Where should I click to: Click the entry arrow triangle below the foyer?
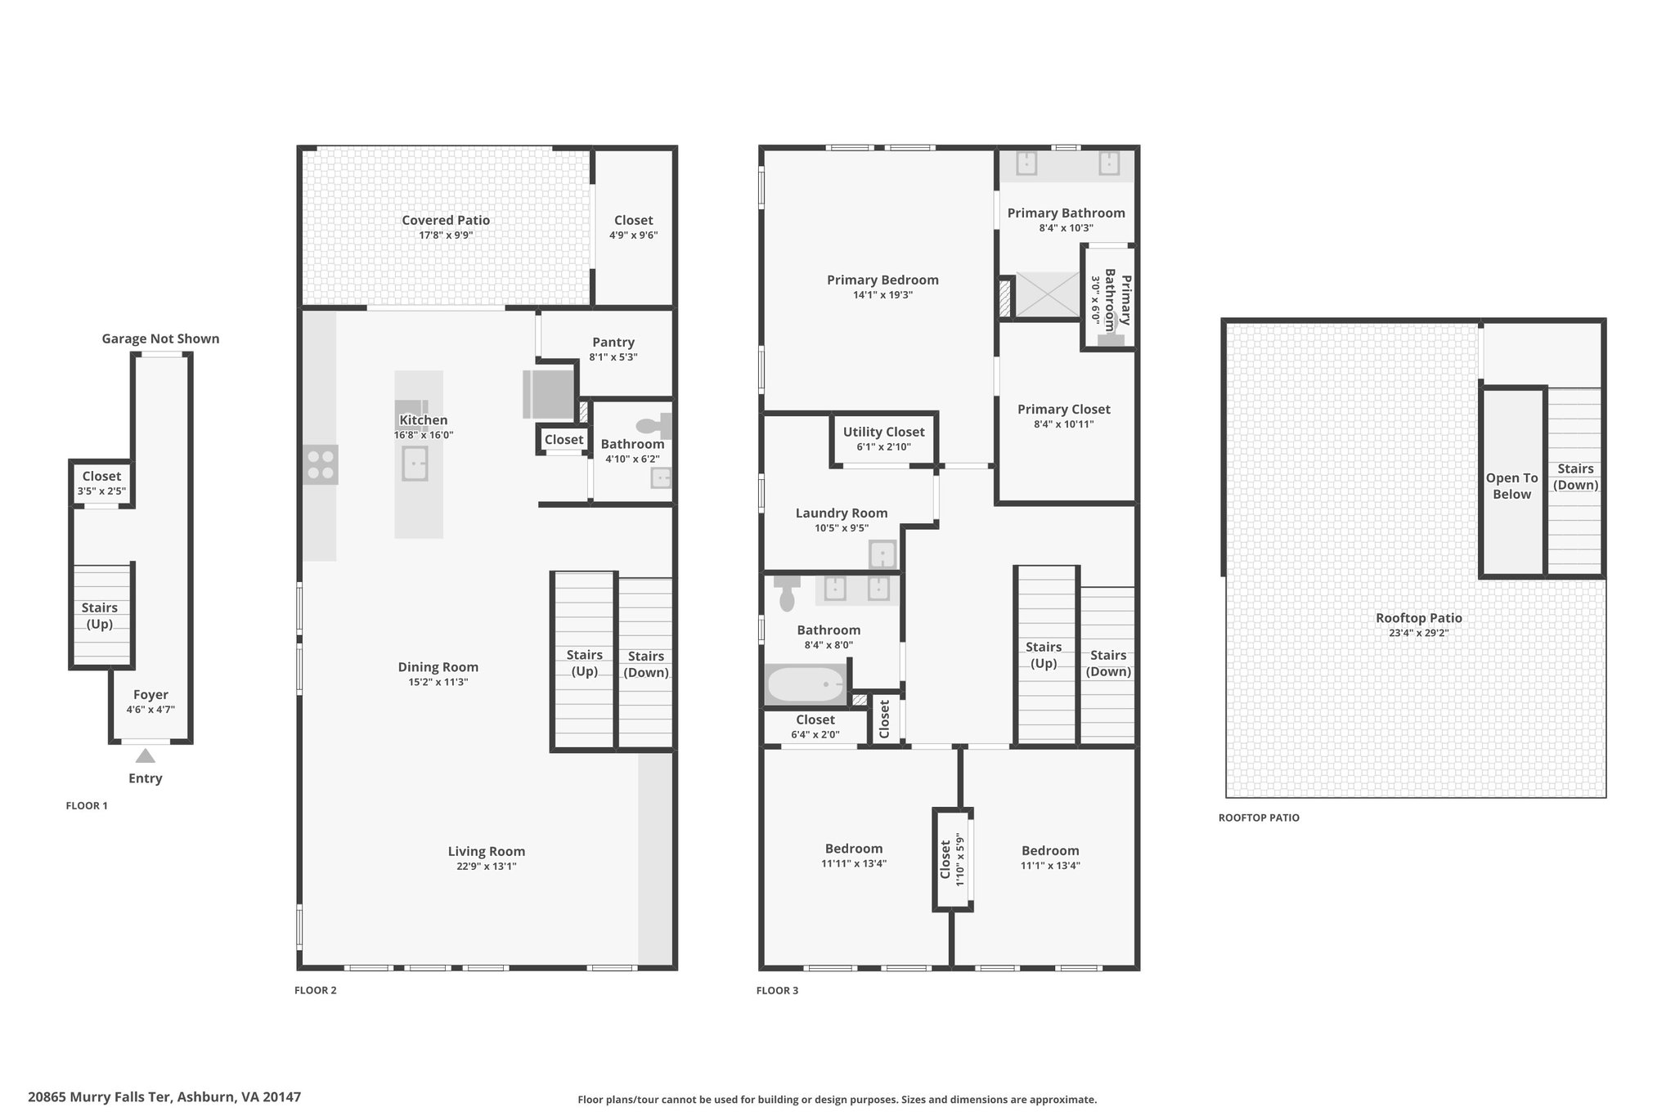point(145,755)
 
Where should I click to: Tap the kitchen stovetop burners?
point(321,464)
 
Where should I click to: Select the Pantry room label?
point(613,342)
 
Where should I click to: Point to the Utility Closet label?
point(884,432)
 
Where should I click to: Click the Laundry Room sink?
point(882,554)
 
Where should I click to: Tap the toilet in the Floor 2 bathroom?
point(653,426)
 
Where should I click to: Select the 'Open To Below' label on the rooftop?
point(1512,486)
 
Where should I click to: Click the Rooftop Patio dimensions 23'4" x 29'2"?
point(1419,633)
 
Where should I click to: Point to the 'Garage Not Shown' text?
point(160,338)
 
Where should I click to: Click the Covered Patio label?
point(446,220)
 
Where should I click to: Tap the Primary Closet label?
point(1064,409)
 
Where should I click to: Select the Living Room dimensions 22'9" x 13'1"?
point(487,867)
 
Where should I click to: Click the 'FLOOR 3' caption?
point(777,990)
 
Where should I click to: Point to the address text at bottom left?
point(164,1097)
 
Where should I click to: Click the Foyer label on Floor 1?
point(150,695)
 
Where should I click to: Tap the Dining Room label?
point(438,667)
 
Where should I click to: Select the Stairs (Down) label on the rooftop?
point(1576,477)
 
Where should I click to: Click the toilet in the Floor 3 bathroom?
point(787,592)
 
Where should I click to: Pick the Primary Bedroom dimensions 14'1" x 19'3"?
point(882,295)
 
